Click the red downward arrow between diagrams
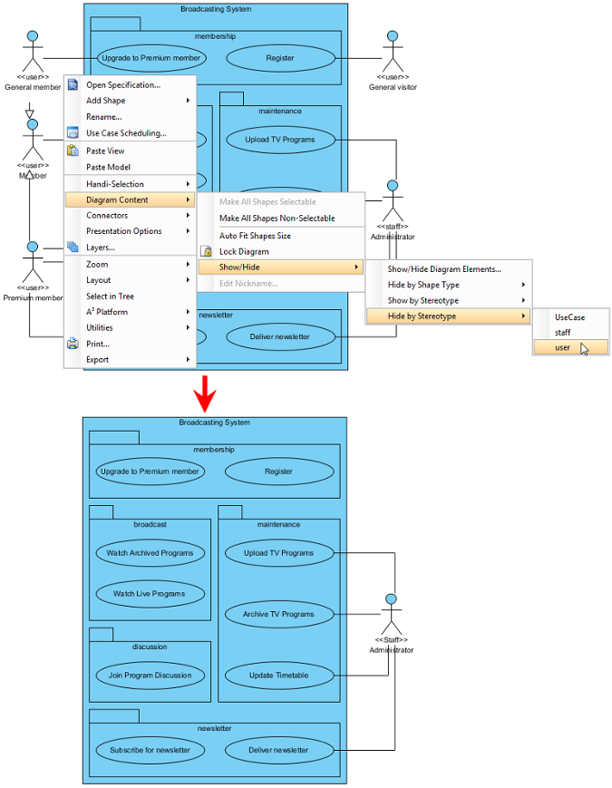click(205, 394)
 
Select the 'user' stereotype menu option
click(562, 347)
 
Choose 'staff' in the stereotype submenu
click(562, 332)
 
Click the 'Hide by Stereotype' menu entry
click(422, 316)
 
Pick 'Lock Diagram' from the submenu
click(244, 251)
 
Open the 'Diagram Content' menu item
click(117, 200)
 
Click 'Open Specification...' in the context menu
click(123, 85)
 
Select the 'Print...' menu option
click(98, 344)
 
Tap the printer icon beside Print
click(73, 344)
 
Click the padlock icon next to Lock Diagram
click(206, 251)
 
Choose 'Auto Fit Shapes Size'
click(255, 236)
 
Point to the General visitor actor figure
click(393, 52)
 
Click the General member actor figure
click(33, 52)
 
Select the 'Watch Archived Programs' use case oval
click(150, 553)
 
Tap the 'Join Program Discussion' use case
click(150, 675)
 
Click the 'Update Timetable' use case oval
click(279, 675)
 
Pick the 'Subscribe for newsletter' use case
click(150, 750)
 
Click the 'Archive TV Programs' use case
click(279, 614)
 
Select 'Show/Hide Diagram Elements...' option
click(444, 269)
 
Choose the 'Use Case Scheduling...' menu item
click(126, 133)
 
